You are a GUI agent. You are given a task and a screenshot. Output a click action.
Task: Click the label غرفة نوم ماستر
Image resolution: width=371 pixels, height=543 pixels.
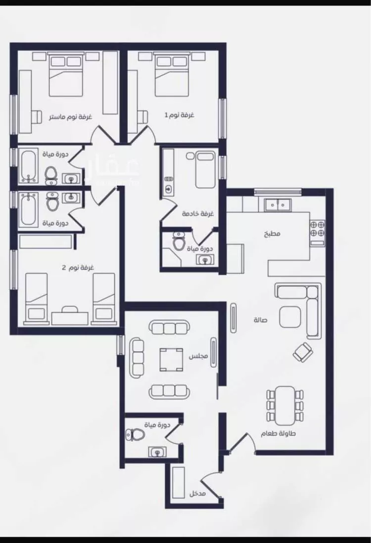coord(70,117)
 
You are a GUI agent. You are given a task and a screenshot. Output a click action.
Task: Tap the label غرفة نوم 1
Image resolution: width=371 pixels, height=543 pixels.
coord(179,115)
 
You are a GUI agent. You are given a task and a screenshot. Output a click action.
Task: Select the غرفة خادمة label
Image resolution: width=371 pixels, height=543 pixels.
coord(198,213)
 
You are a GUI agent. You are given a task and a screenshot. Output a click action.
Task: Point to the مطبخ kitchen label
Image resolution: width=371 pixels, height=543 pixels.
coord(272,234)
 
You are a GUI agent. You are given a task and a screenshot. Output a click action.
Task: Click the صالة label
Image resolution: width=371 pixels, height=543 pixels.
coord(260,320)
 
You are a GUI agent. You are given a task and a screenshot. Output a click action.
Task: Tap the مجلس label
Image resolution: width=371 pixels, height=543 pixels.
coord(198,356)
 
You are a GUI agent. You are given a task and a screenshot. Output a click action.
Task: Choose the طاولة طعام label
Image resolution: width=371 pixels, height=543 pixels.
coord(278,433)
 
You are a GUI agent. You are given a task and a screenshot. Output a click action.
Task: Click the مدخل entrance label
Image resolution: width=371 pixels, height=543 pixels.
coord(197,494)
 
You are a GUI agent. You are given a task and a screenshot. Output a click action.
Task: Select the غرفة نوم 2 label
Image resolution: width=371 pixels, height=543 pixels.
coord(78,268)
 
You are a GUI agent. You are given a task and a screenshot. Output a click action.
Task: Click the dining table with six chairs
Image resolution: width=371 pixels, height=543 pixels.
coord(285,405)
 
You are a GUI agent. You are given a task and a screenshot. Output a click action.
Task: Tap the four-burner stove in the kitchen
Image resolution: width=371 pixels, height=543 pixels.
coord(317,229)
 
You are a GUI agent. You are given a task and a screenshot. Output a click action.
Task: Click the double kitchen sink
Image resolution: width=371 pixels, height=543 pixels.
coord(278,205)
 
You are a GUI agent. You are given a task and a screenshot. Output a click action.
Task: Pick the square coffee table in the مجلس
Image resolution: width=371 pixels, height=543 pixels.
coord(171,359)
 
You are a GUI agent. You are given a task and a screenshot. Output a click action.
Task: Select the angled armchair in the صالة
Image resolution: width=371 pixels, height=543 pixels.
coord(303,352)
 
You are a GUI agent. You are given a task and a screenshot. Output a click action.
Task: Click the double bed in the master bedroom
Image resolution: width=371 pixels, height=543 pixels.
coord(66,75)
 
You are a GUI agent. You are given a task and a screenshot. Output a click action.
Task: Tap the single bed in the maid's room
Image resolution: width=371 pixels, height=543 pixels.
coord(205,169)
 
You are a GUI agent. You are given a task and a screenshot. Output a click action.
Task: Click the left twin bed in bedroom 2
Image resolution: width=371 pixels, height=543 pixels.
coord(37,298)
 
